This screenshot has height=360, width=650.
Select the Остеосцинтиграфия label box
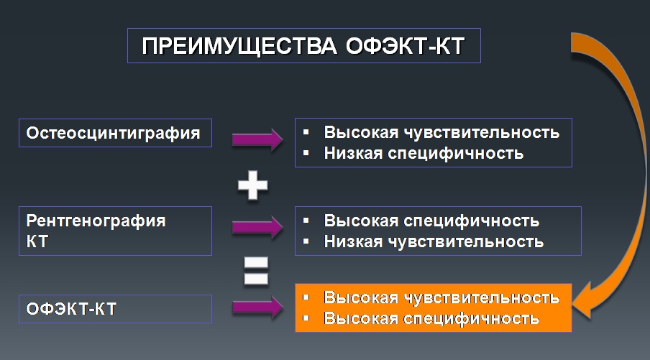coord(115,133)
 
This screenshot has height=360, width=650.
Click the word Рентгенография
coord(96,221)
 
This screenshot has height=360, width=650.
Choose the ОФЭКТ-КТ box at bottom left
coord(115,309)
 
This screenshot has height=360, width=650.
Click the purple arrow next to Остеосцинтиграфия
coord(257,139)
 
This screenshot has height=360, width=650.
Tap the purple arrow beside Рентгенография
coord(257,228)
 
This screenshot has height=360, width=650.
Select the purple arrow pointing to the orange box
coord(257,308)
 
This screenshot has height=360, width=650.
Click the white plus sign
coord(253,186)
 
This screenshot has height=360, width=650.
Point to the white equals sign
coord(255,272)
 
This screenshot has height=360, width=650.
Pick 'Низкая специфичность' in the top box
coord(423,153)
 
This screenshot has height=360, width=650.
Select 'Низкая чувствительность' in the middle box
coord(434,241)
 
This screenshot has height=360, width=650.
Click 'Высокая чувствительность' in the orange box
coord(441,297)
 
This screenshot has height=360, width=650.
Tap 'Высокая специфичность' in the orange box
coord(431,318)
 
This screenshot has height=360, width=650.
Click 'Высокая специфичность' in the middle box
coord(431,221)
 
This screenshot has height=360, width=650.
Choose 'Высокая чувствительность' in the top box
coord(441,133)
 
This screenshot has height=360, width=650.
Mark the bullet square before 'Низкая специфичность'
coord(306,153)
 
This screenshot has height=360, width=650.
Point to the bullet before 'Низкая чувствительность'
coord(306,241)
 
